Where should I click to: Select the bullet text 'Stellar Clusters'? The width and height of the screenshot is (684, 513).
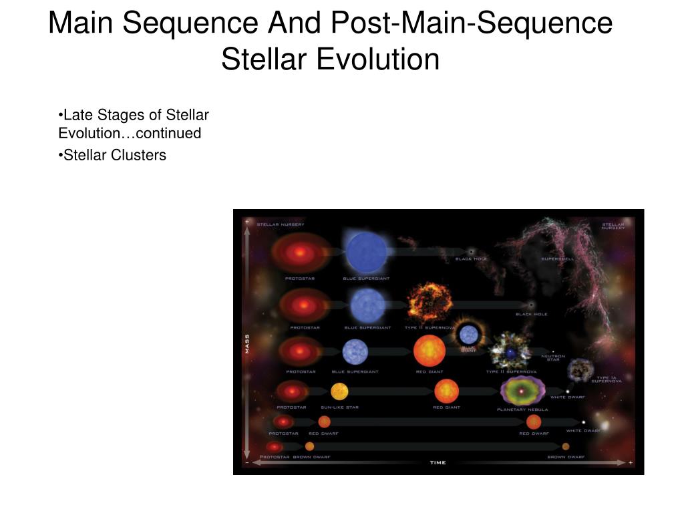click(x=114, y=155)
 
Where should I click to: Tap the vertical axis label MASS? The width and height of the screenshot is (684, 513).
click(x=246, y=343)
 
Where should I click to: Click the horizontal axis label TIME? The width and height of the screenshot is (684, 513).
click(x=438, y=462)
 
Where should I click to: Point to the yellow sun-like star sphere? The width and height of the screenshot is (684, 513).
click(x=339, y=391)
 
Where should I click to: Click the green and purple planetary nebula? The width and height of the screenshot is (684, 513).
click(x=522, y=390)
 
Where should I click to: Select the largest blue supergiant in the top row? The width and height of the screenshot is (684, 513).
click(x=366, y=252)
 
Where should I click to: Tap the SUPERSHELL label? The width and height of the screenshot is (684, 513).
click(x=557, y=259)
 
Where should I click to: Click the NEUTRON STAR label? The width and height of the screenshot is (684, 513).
click(x=553, y=357)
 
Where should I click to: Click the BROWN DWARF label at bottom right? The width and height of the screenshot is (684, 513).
click(x=565, y=457)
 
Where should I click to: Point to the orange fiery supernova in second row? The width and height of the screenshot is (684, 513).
click(x=427, y=303)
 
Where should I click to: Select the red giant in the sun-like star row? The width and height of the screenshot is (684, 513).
click(x=446, y=391)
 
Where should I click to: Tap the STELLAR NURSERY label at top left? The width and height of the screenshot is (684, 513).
click(x=281, y=224)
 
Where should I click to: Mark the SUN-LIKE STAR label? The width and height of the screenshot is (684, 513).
click(x=339, y=407)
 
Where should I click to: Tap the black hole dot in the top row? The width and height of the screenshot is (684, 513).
click(x=471, y=251)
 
